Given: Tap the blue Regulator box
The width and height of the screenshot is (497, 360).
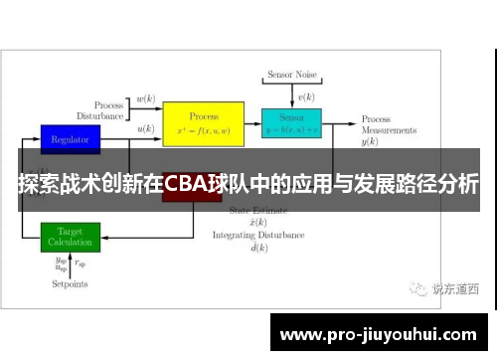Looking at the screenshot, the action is [70, 138].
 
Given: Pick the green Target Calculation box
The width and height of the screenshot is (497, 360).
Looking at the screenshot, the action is [70, 237].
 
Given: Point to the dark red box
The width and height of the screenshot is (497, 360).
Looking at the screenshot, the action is [191, 195].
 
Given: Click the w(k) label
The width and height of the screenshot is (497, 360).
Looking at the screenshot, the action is [145, 99].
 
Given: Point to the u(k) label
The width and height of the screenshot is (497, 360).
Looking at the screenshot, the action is [145, 129].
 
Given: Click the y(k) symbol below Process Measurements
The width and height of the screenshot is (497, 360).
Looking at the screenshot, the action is [371, 142].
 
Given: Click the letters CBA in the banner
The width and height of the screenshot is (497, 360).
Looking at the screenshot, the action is [185, 185].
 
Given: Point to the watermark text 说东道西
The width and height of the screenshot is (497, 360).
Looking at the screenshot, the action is [454, 289].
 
